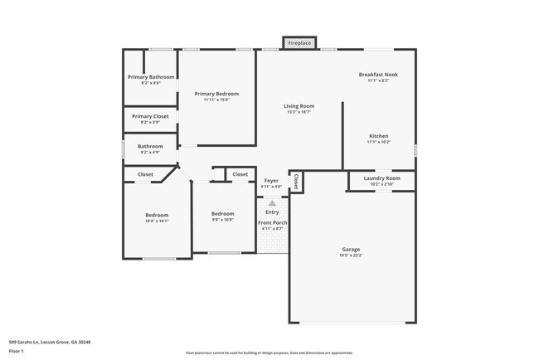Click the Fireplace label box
click(299, 42)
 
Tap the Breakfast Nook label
click(378, 75)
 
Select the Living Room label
click(299, 106)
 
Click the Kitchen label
click(378, 136)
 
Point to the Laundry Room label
click(381, 178)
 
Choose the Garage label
click(351, 249)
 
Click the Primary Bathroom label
click(151, 77)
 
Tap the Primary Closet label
click(150, 116)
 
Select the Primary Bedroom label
click(216, 94)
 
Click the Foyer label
click(272, 181)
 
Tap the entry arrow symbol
click(272, 202)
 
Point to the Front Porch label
click(272, 222)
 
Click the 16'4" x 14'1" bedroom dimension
click(157, 221)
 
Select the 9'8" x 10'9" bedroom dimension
click(222, 220)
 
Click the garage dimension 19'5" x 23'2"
click(351, 255)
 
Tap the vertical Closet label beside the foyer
click(295, 181)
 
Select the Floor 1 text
click(17, 352)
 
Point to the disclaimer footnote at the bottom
click(269, 353)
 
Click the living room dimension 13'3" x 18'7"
click(299, 112)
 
